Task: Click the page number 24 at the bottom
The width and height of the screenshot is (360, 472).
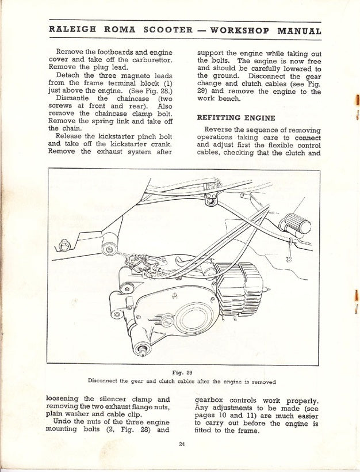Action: tap(182, 443)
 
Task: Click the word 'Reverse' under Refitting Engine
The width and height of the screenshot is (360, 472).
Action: tap(219, 130)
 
